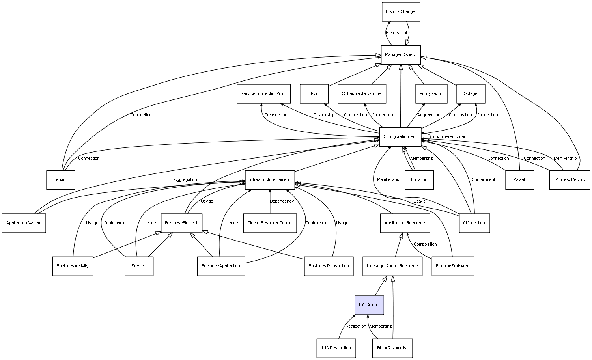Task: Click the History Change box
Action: coord(401,12)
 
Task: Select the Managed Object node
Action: coord(401,55)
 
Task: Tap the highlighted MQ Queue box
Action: coord(369,305)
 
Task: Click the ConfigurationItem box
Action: coord(400,137)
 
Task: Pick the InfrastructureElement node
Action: coord(270,180)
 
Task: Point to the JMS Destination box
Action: coord(336,348)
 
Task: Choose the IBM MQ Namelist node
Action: coord(392,348)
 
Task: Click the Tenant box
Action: coord(60,180)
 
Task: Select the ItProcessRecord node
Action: coord(570,180)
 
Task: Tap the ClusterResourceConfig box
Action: coord(270,223)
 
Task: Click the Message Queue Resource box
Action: coord(392,266)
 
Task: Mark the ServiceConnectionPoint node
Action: coord(263,94)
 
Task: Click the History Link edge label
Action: coord(397,33)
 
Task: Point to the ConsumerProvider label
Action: coord(448,137)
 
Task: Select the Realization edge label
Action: coord(356,326)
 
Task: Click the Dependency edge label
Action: coord(282,201)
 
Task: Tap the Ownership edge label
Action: coord(324,115)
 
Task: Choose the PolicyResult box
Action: coord(431,94)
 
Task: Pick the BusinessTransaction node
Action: coord(329,266)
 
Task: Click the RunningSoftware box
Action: coord(453,266)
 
